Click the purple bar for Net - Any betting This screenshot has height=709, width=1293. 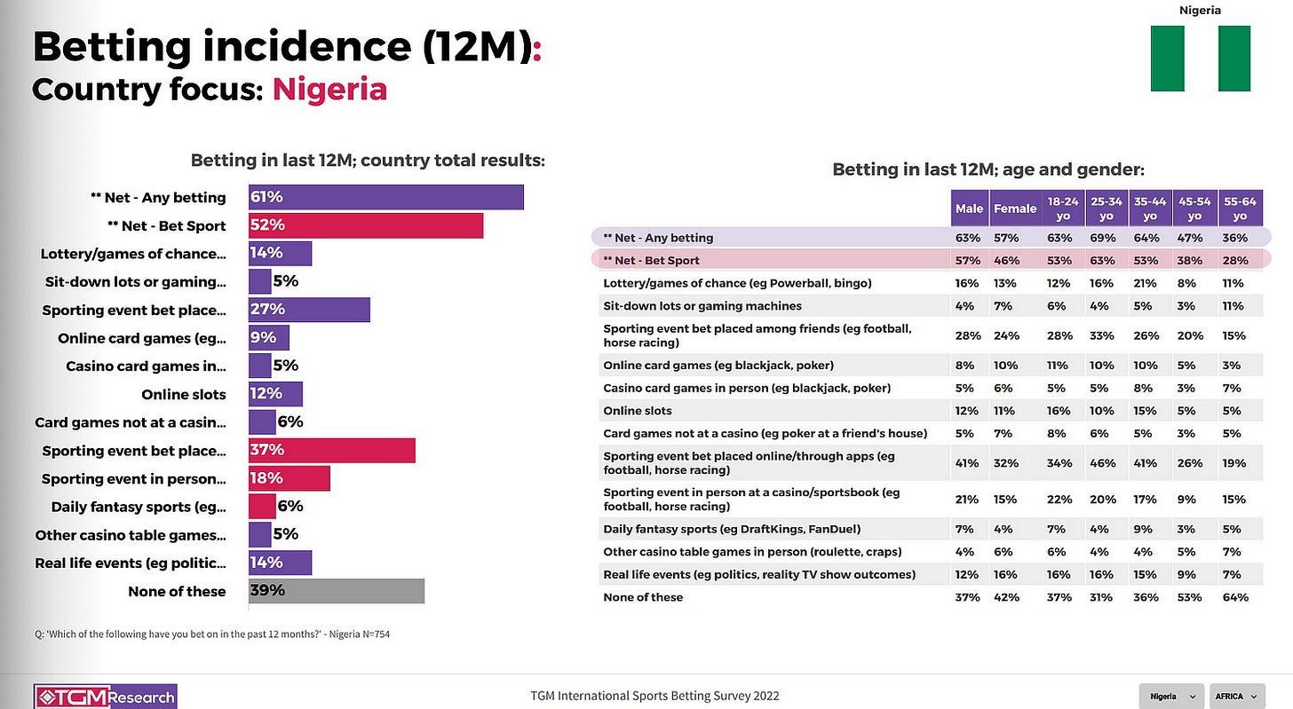tap(386, 197)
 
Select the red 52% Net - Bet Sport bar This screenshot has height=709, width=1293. tap(366, 225)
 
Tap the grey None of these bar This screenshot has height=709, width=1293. tap(337, 591)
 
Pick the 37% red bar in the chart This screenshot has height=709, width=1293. tap(332, 451)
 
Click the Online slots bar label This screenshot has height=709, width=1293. tap(183, 394)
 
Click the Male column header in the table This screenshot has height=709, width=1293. tap(969, 209)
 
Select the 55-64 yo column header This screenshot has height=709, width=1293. tap(1241, 209)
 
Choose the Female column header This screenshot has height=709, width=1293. tap(1015, 209)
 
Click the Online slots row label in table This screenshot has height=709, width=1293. tap(637, 411)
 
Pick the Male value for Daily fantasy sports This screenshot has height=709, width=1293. tap(968, 529)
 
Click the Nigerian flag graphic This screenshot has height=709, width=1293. tap(1200, 59)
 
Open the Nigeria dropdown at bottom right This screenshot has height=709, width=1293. tap(1170, 697)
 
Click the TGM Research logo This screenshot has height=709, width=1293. tap(105, 697)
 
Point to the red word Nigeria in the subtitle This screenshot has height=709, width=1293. tap(329, 90)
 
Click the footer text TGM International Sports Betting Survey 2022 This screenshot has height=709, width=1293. tap(644, 697)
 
